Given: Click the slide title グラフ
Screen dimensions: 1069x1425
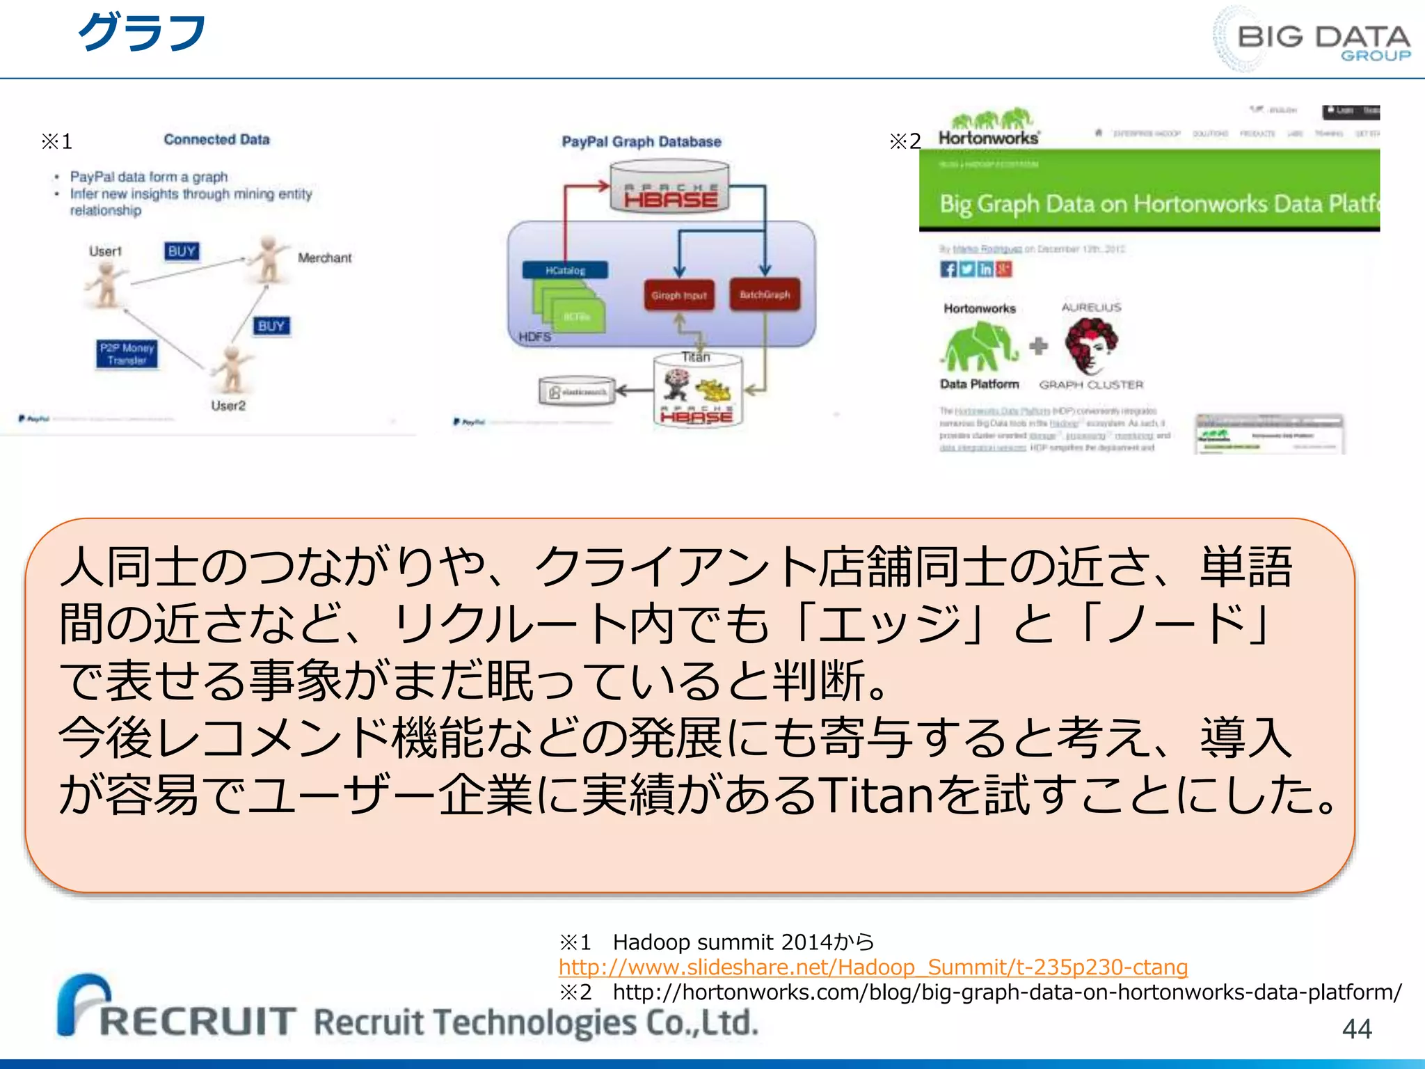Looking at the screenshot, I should [x=141, y=33].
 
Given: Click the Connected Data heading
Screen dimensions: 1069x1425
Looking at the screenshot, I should [x=216, y=140].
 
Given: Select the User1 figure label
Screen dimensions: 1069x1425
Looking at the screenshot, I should [x=105, y=251].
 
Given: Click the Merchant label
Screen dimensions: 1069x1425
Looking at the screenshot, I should [x=324, y=258].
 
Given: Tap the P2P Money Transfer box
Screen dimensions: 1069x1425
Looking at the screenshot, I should [x=127, y=354].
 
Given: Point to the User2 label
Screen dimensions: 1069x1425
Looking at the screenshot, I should [x=228, y=406].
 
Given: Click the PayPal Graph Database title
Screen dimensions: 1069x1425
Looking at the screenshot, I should [x=641, y=142].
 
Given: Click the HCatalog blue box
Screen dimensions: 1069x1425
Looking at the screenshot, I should [x=565, y=270].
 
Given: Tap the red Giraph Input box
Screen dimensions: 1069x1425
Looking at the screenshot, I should [x=678, y=295].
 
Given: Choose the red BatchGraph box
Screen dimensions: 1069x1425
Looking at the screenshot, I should [x=764, y=294].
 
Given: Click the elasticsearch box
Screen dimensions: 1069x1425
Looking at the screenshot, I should [x=577, y=392].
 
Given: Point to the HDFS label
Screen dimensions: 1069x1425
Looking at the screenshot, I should [x=534, y=337].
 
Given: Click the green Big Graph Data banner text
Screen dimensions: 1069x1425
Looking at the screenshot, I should [x=1155, y=204].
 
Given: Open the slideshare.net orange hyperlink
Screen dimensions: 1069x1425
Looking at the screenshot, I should [x=873, y=967].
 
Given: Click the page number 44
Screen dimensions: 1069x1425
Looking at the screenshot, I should [x=1356, y=1029].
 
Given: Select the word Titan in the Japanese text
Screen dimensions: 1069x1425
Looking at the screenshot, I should [x=874, y=795].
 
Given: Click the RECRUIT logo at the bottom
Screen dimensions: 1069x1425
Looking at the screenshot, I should [x=177, y=1009].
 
